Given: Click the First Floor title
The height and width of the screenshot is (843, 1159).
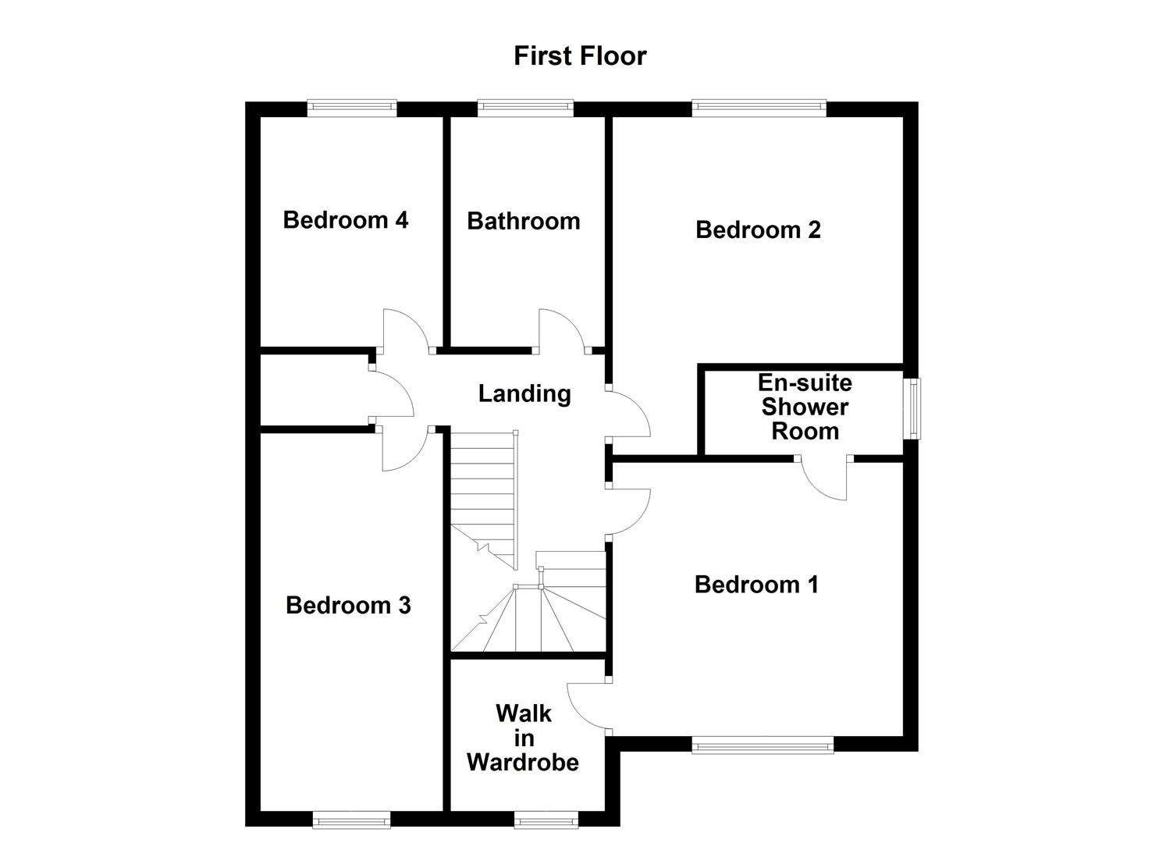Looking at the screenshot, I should pyautogui.click(x=580, y=56).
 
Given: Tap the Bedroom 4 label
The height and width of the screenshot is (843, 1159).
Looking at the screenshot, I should pyautogui.click(x=345, y=220).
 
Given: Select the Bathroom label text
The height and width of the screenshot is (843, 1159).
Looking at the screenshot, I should pyautogui.click(x=523, y=222).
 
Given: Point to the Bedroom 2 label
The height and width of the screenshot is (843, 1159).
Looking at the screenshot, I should pyautogui.click(x=758, y=230).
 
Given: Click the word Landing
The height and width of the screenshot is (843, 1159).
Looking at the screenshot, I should pyautogui.click(x=524, y=393).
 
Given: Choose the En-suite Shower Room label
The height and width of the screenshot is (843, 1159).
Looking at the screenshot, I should pyautogui.click(x=805, y=407).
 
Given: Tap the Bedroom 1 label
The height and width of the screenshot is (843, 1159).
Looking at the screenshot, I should pyautogui.click(x=756, y=585).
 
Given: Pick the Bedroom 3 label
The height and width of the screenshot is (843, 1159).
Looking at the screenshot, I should pyautogui.click(x=348, y=605).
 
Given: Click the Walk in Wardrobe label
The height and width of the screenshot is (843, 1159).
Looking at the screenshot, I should pyautogui.click(x=523, y=738).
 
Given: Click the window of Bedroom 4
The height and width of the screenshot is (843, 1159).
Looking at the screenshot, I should pyautogui.click(x=352, y=108).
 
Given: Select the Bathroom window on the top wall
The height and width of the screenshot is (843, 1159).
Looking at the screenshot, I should pyautogui.click(x=525, y=108).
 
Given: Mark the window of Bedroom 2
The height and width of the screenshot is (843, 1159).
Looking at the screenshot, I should pyautogui.click(x=759, y=108).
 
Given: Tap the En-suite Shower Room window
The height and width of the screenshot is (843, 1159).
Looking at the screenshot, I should pyautogui.click(x=911, y=408).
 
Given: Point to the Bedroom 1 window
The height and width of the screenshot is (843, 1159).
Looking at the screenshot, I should pyautogui.click(x=763, y=746).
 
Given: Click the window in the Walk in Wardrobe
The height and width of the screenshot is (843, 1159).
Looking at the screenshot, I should pyautogui.click(x=546, y=819).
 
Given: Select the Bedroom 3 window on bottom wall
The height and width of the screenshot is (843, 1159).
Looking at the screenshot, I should pyautogui.click(x=350, y=819).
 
